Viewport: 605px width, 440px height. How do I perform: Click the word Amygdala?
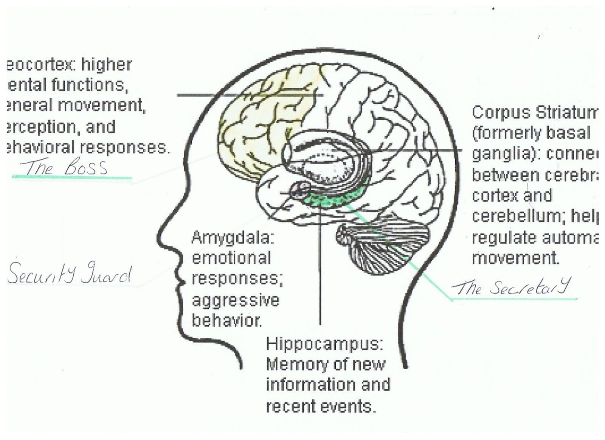[x=233, y=238]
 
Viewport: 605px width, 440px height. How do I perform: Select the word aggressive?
[x=235, y=300]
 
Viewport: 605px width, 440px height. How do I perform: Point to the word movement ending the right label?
[x=515, y=258]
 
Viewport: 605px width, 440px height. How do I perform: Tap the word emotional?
[x=231, y=258]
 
